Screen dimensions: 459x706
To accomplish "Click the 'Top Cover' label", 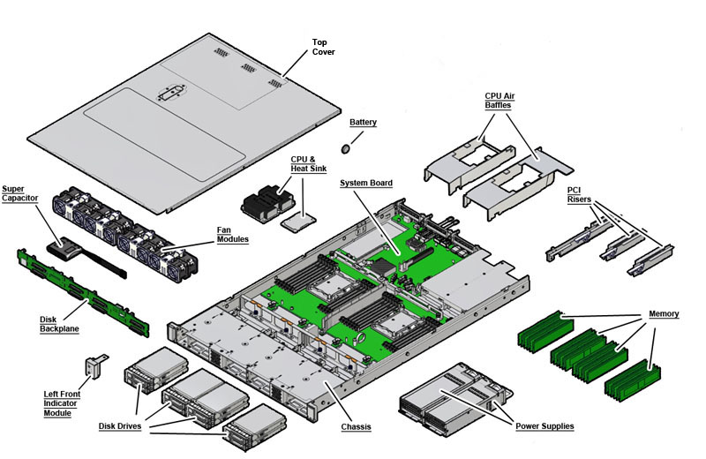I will (324, 47).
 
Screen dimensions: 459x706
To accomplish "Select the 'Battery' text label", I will (363, 122).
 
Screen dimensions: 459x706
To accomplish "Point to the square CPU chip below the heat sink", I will (299, 219).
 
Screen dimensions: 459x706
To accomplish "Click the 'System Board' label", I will (366, 183).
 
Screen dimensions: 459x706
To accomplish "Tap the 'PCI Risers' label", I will (580, 194).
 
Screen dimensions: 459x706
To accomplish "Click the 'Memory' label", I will (664, 313).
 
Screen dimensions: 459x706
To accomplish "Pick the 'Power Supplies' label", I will (544, 426).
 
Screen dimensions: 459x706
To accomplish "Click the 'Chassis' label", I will (356, 426).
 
